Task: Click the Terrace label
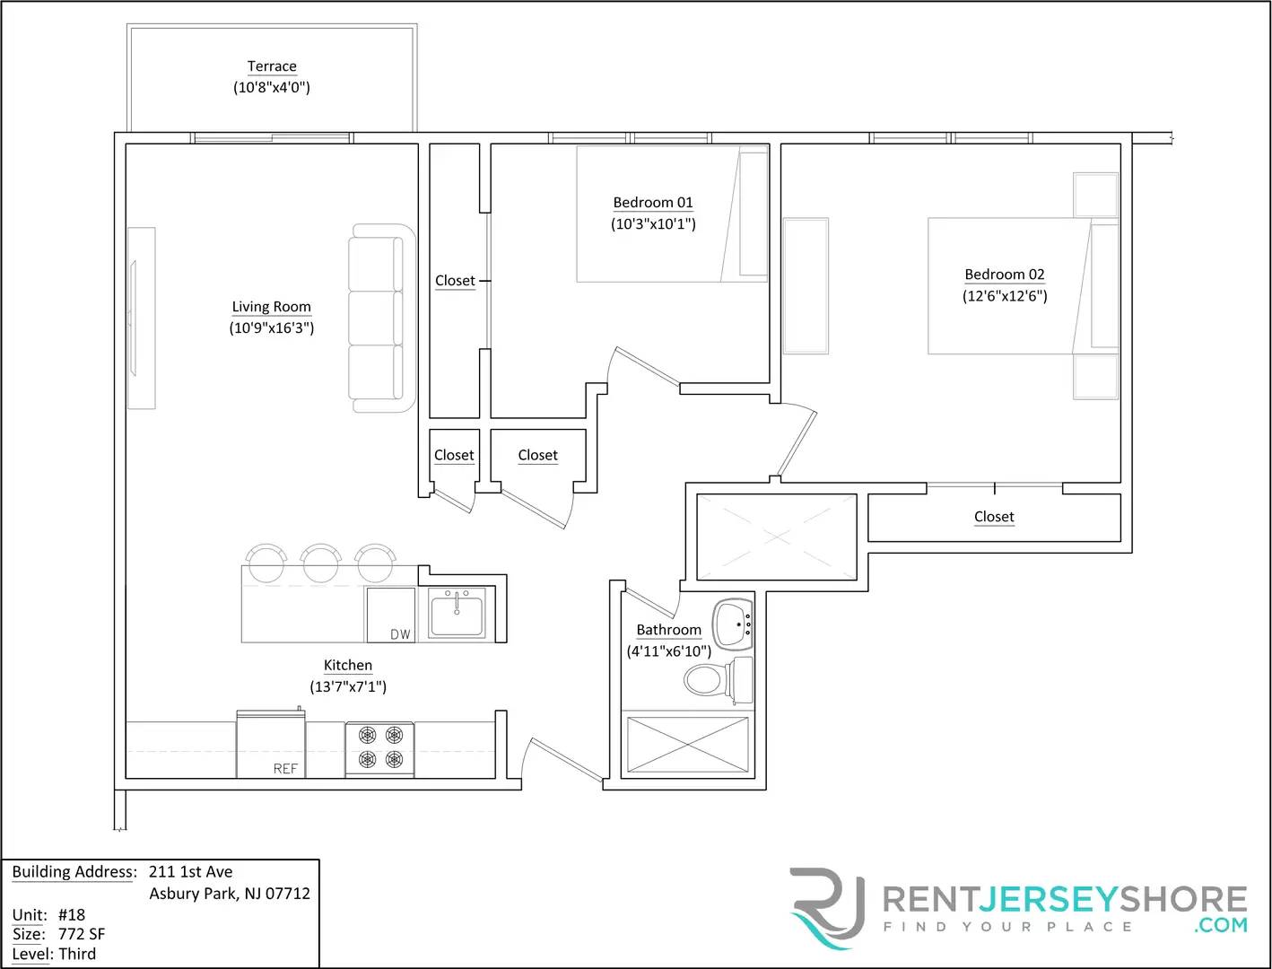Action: [272, 66]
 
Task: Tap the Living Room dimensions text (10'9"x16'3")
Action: [272, 328]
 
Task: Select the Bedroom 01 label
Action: [653, 203]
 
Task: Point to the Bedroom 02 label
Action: [1005, 275]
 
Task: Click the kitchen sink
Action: [457, 614]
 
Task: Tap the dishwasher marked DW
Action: [390, 615]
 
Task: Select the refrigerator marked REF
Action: [270, 745]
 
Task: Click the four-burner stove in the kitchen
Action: [380, 748]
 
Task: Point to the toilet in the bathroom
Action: [716, 680]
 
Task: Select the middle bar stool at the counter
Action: [320, 563]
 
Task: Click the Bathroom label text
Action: [669, 630]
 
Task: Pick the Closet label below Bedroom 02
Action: [994, 517]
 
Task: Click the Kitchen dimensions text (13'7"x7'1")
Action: [348, 687]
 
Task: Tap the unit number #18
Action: [72, 915]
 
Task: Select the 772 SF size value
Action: [82, 934]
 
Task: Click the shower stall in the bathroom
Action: [686, 745]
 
